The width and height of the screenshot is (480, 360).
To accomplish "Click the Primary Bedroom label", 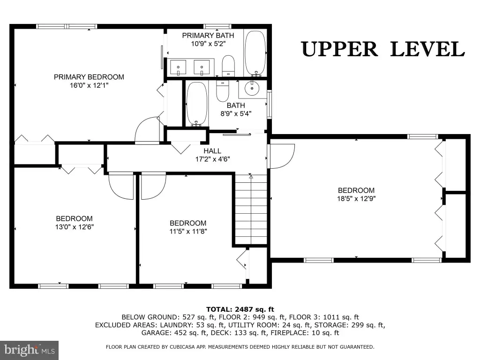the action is tap(89, 77).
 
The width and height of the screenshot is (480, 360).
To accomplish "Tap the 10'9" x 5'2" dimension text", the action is tap(208, 44).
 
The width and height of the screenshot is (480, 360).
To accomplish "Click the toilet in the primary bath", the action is tap(228, 66).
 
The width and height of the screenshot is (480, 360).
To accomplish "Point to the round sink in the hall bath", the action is tap(252, 89).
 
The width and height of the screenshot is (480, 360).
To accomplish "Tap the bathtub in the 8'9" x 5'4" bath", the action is tap(196, 104).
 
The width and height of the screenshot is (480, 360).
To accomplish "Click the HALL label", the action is tap(212, 151).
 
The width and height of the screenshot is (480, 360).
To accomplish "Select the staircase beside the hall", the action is tap(251, 210).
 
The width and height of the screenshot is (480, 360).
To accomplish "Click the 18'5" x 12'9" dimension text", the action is tap(356, 198).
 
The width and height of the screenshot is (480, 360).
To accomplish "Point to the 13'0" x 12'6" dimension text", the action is tap(75, 227).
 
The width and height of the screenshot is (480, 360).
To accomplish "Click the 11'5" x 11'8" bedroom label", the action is tap(188, 223).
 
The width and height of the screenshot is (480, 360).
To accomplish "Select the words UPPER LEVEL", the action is tap(383, 49).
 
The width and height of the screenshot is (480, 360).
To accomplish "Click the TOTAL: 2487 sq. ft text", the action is tap(240, 309).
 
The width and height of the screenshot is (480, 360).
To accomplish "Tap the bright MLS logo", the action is tap(29, 350).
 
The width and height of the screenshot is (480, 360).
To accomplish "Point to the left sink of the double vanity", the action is tap(178, 67).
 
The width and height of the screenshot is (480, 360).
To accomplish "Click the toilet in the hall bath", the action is tap(223, 90).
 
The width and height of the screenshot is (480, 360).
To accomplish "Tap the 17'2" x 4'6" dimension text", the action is tap(213, 159).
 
